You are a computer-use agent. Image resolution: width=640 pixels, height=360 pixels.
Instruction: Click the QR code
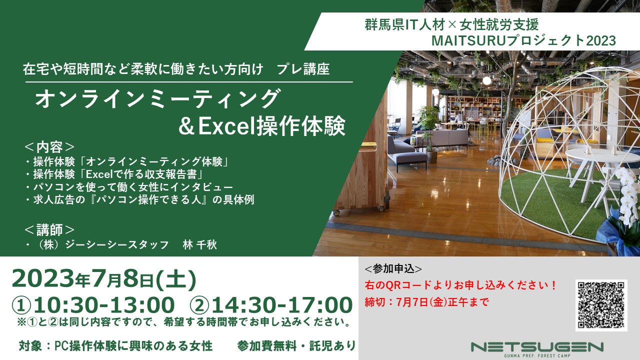click(x=601, y=305)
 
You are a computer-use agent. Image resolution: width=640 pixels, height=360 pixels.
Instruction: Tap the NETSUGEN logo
click(x=537, y=349)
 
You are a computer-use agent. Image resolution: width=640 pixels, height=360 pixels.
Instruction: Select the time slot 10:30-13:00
click(x=93, y=305)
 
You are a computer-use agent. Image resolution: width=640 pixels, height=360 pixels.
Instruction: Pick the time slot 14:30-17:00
click(x=271, y=305)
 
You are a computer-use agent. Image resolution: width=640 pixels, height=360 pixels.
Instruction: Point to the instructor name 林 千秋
click(x=199, y=245)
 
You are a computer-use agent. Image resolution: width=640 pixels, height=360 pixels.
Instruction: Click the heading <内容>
click(x=49, y=147)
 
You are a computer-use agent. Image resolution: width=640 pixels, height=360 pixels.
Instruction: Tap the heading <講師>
click(x=49, y=229)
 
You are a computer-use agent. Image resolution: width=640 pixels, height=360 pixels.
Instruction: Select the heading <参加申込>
click(x=393, y=269)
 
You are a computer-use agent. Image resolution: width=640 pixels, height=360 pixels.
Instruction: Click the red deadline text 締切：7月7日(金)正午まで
click(x=427, y=301)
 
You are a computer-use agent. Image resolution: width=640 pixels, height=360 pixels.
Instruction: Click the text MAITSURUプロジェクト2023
click(x=523, y=40)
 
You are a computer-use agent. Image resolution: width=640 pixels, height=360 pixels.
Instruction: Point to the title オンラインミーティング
click(x=157, y=98)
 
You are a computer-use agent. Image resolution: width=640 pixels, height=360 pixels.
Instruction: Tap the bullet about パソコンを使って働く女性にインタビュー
click(x=129, y=187)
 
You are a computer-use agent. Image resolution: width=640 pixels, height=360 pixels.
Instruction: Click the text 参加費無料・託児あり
click(x=296, y=346)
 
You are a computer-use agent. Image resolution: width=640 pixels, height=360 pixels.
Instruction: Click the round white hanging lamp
click(x=486, y=80)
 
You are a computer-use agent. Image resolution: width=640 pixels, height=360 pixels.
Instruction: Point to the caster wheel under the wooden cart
click(x=336, y=212)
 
